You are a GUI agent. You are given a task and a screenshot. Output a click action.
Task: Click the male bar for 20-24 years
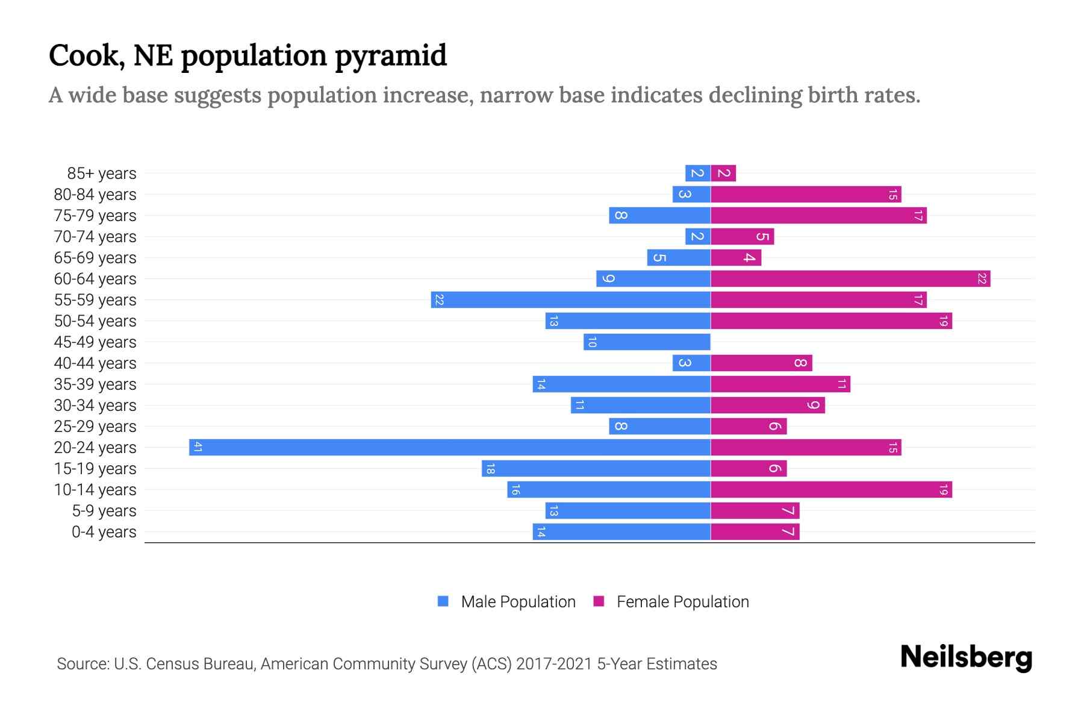click(450, 447)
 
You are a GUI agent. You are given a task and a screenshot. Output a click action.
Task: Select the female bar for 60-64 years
click(850, 278)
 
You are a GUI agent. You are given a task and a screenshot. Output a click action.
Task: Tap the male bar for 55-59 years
click(570, 299)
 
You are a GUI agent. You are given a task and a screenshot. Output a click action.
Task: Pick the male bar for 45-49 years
click(647, 342)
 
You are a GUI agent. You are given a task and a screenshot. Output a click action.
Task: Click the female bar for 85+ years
click(723, 173)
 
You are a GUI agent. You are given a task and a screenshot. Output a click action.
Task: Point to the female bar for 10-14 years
click(831, 489)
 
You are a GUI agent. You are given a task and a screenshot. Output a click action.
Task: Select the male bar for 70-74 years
click(697, 236)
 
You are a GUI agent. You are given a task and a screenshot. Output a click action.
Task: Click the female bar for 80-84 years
click(806, 194)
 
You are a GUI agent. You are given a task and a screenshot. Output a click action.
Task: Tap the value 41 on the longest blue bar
click(198, 447)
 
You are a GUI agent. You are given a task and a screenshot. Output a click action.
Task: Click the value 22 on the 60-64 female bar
click(982, 278)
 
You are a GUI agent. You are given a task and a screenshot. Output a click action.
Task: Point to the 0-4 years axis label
click(104, 531)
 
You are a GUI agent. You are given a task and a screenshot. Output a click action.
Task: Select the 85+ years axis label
click(101, 173)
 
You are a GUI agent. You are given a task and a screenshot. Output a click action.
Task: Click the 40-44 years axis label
click(95, 363)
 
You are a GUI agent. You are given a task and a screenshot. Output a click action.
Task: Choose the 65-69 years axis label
click(95, 257)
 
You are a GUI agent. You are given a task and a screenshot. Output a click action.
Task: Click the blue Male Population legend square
click(443, 601)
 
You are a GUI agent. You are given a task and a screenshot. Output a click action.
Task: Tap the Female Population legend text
click(682, 601)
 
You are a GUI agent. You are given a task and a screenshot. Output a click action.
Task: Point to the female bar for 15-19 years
click(749, 468)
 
